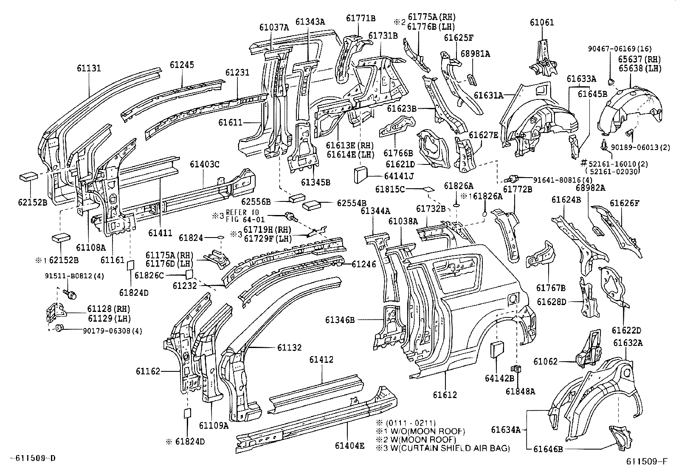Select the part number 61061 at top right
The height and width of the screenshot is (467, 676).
coord(541,23)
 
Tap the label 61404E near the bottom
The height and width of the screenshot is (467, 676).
coord(349,446)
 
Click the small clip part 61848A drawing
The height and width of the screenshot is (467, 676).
coord(517,369)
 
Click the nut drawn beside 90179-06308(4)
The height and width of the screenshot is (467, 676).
coord(59,328)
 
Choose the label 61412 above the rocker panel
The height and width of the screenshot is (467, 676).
coord(321,359)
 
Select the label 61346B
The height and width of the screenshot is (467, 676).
coord(340,320)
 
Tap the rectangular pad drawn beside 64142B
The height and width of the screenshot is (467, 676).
coord(497,351)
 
